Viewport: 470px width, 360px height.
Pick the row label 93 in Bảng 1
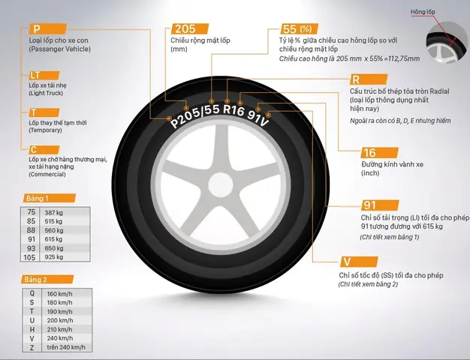click(31, 247)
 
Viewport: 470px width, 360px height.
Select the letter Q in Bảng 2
click(32, 293)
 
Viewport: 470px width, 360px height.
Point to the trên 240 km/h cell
click(65, 347)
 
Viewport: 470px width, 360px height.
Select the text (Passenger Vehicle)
click(59, 49)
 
